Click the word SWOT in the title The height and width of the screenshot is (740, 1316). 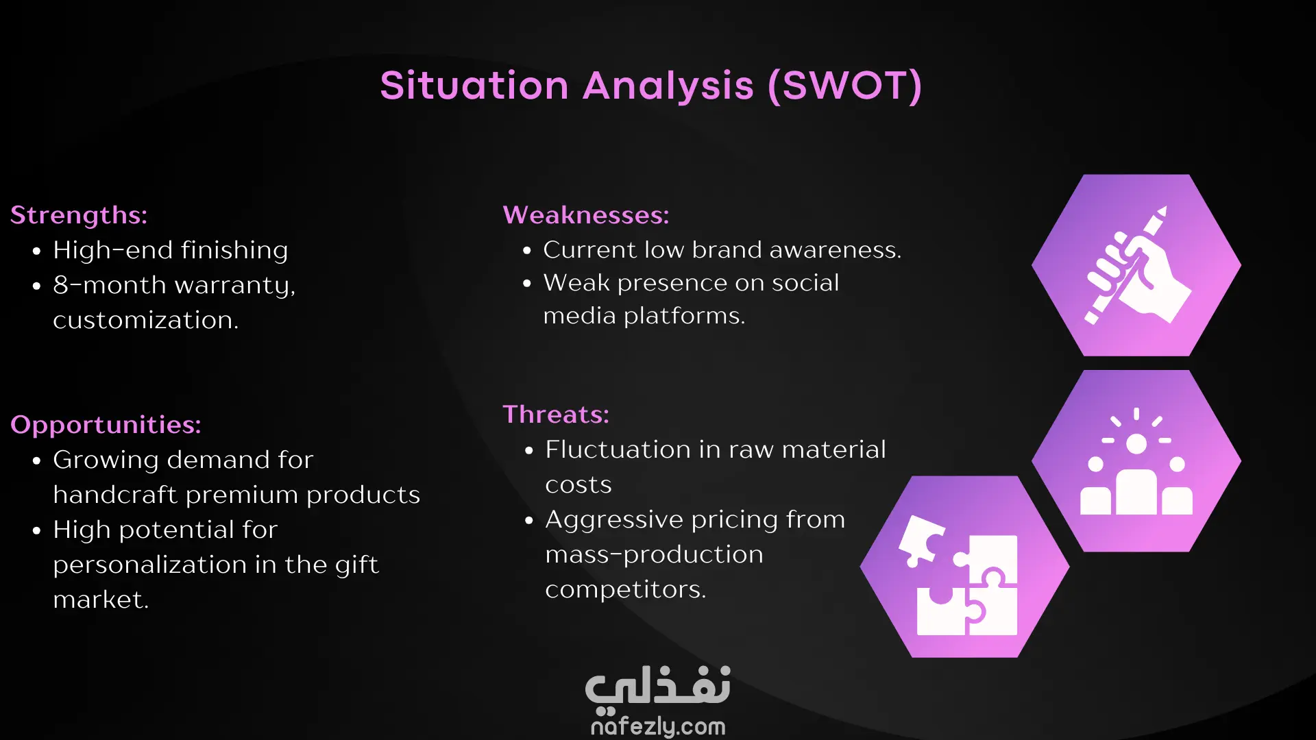coord(845,86)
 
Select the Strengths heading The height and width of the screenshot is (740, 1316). coord(79,216)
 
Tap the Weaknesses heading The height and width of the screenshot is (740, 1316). coord(586,215)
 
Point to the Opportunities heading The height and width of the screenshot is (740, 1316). coord(106,425)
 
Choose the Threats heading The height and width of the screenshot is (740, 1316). coord(556,415)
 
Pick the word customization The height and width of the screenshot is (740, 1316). coord(146,320)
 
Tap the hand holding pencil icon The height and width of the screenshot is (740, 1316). coord(1136,265)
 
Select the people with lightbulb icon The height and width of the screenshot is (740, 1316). coord(1136,463)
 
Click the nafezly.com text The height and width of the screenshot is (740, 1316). coord(658,726)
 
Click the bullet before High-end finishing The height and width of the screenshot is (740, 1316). coord(37,251)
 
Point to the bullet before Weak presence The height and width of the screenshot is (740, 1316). coord(527,283)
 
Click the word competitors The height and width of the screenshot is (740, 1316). coord(625,590)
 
